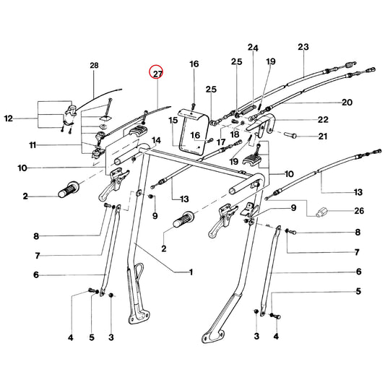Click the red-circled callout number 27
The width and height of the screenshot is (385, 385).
tap(158, 74)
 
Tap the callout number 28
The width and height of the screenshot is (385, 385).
tap(94, 66)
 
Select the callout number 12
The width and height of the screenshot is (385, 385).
tap(9, 118)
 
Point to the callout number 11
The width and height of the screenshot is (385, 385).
tap(33, 145)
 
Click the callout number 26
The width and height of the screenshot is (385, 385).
tap(359, 211)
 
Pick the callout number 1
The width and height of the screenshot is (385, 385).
tap(191, 272)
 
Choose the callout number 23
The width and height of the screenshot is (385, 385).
tap(303, 47)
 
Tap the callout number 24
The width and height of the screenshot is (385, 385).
tap(253, 48)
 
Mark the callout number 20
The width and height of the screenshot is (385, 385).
tap(347, 102)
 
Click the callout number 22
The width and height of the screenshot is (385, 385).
tap(323, 120)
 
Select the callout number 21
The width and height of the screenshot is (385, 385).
tap(323, 136)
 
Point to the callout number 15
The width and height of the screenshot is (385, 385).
tap(173, 121)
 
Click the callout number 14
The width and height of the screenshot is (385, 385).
tap(157, 140)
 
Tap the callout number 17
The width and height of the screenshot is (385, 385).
tap(221, 142)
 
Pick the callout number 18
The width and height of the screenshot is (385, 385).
tap(235, 134)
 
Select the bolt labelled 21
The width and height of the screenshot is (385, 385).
tap(290, 135)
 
